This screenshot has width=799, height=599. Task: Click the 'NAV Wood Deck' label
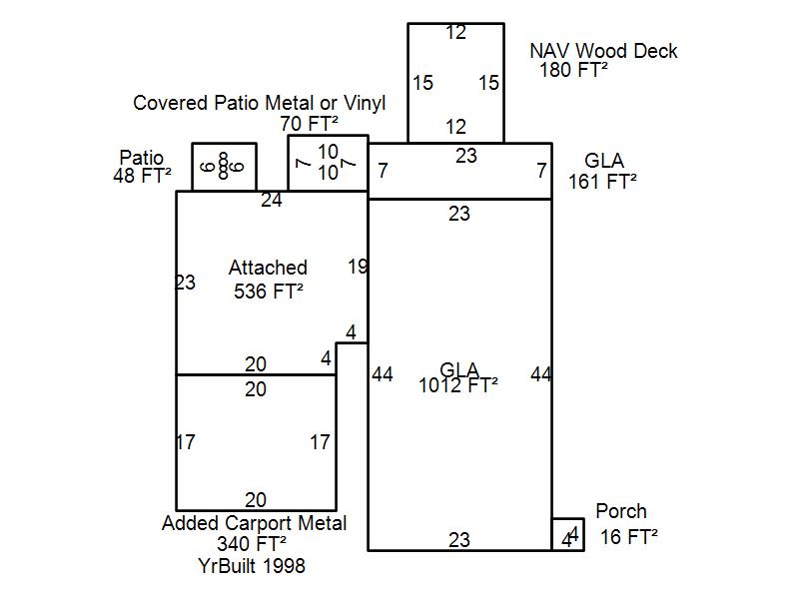click(603, 51)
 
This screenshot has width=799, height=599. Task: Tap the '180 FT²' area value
click(574, 70)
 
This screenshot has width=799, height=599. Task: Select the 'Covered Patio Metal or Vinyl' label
click(260, 103)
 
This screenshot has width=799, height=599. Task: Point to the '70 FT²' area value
click(310, 124)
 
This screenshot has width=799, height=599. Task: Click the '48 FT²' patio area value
click(143, 176)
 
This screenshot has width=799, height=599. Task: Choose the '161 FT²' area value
click(603, 181)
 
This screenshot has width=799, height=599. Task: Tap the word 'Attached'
click(268, 268)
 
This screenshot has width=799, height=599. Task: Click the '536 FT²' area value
click(269, 292)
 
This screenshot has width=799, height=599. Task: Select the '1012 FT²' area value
click(458, 384)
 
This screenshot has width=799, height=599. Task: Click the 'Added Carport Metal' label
click(255, 523)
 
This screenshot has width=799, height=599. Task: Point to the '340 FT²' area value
click(252, 544)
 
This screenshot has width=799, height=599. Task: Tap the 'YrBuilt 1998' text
click(252, 565)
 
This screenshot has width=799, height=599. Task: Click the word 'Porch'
click(621, 512)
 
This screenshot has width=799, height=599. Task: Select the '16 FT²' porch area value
click(629, 537)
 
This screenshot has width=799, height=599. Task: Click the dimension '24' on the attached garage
click(272, 201)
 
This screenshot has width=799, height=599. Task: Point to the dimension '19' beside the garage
click(358, 267)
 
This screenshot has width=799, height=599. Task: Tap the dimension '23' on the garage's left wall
click(185, 283)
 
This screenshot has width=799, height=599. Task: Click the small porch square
click(568, 534)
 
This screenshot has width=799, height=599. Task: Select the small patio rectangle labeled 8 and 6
click(224, 167)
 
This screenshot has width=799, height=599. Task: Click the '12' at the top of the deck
click(455, 33)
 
